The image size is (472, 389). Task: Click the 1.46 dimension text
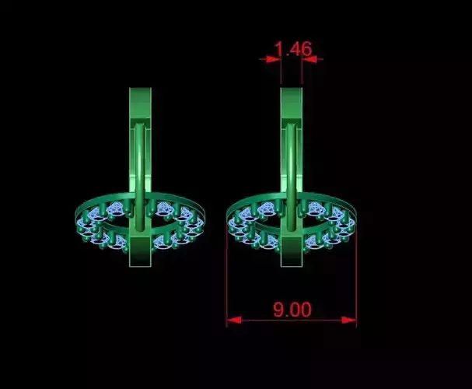(x=292, y=49)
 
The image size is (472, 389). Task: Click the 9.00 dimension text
(x=292, y=309)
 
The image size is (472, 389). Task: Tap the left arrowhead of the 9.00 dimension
(x=231, y=319)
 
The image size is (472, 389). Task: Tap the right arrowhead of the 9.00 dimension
(x=351, y=319)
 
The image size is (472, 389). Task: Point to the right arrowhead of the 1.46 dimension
(x=308, y=58)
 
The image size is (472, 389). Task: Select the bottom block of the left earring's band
(x=140, y=252)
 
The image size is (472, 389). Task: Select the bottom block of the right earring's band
(x=291, y=252)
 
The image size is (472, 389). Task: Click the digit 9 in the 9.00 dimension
(x=278, y=309)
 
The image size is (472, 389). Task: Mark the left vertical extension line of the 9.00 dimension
(x=226, y=280)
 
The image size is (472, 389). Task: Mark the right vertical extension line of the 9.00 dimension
(x=356, y=280)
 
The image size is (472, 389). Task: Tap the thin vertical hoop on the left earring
(x=140, y=171)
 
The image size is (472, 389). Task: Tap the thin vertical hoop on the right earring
(x=291, y=171)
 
